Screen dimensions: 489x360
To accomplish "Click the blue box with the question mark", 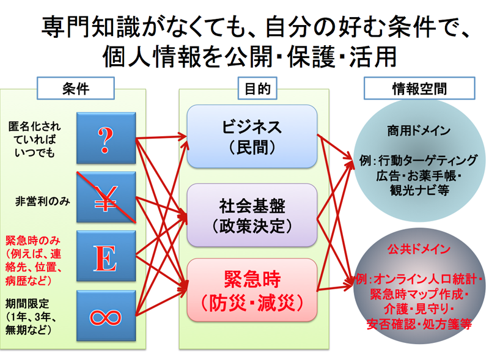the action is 106,138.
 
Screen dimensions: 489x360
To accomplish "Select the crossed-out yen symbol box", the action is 106,197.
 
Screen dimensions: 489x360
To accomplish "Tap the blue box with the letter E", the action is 106,256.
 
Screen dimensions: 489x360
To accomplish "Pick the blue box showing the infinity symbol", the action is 106,316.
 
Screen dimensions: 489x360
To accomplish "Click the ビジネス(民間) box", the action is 252,137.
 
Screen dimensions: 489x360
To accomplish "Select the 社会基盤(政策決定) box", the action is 252,215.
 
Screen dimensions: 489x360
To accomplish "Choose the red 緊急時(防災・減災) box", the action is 252,290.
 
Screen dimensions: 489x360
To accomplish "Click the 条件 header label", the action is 76,88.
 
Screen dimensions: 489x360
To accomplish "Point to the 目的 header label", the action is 257,88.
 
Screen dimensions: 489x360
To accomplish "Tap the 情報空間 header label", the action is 419,88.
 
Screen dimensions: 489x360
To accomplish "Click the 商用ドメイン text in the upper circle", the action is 419,131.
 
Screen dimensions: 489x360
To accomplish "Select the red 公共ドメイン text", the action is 419,249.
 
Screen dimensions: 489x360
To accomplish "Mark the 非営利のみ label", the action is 43,201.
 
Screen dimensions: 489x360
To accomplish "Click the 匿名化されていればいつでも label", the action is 35,139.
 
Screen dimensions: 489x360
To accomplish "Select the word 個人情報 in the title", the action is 152,57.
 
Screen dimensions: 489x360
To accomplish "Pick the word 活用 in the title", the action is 373,57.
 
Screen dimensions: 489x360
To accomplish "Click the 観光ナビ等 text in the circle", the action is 419,190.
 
